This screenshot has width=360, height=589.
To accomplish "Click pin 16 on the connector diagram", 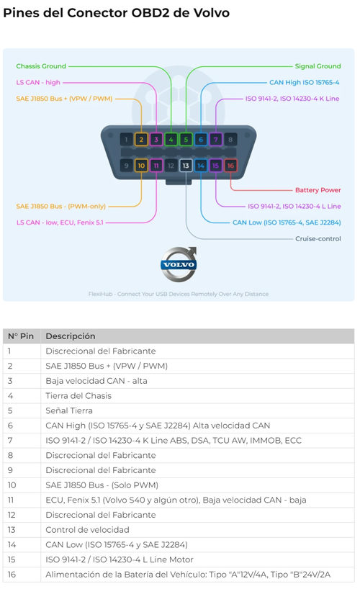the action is point(230,166).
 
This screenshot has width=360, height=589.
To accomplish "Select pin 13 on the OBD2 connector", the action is point(186,166).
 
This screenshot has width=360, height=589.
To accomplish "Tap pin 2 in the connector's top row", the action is point(141,140).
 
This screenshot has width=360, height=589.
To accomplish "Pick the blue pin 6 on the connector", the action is point(201,140).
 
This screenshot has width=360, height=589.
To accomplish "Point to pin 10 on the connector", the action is point(141,166).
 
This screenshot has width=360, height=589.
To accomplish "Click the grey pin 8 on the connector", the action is point(230,140).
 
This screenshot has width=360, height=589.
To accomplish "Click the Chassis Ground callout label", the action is point(41,66).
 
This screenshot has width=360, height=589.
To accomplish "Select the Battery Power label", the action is point(318,190).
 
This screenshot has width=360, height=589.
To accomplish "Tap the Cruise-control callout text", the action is point(318,238).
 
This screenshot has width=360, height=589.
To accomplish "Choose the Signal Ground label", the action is point(318,66).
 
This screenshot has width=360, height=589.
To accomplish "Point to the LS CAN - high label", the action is point(38,82).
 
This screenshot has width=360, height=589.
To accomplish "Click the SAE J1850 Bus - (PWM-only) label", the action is point(61,206).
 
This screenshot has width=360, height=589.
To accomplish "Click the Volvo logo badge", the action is point(179,264).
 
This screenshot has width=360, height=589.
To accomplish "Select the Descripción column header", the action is point(71,336).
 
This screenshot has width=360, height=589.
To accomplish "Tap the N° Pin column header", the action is point(21,336).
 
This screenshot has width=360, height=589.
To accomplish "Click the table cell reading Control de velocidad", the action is point(87,530).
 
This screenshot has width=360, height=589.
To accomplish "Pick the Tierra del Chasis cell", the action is point(78,395).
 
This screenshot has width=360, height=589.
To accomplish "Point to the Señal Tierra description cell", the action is point(69,410).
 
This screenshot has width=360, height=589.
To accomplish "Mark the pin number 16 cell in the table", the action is point(12,575).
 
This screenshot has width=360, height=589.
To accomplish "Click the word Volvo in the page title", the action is point(211,13).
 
